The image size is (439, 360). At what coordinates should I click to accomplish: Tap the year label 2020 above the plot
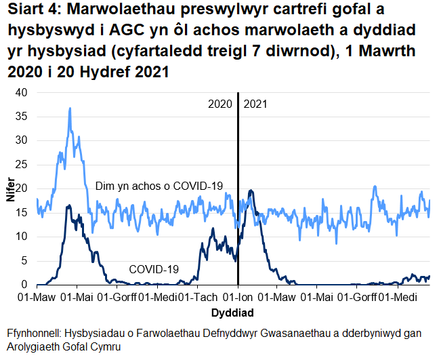(x=220, y=104)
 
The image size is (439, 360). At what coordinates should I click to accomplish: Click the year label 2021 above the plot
(x=255, y=104)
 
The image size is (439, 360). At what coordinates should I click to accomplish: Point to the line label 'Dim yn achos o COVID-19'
(x=159, y=186)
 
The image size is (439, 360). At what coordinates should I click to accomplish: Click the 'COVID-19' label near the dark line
(x=153, y=269)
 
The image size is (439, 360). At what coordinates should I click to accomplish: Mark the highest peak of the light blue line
(x=69, y=108)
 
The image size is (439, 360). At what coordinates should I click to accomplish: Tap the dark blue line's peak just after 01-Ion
(x=251, y=191)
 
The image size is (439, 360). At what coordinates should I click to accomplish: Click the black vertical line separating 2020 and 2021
(x=238, y=203)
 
